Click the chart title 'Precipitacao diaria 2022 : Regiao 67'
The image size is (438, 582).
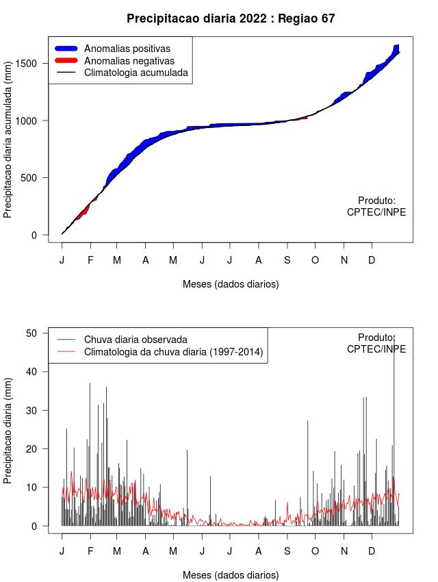click(231, 18)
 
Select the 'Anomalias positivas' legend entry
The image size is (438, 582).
click(127, 49)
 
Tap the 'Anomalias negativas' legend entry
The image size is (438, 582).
click(129, 61)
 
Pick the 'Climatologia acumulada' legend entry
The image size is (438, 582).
click(136, 73)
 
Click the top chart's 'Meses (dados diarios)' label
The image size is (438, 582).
click(231, 283)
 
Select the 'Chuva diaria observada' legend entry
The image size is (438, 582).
click(136, 339)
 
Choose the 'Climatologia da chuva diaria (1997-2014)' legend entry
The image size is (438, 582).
click(173, 352)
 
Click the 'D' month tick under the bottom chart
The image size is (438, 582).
click(372, 551)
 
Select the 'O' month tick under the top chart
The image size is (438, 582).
click(315, 260)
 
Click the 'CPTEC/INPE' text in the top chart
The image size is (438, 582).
click(376, 212)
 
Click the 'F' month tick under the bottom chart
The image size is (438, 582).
click(90, 551)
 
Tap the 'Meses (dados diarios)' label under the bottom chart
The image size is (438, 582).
click(231, 574)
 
